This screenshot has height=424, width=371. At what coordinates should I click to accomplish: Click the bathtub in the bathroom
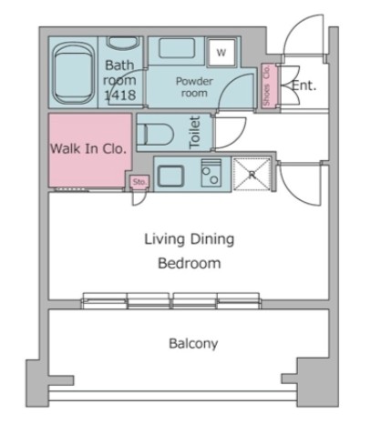point(73,73)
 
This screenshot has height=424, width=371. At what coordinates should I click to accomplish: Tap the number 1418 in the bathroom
point(120,95)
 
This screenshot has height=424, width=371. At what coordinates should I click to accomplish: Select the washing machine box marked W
point(222,52)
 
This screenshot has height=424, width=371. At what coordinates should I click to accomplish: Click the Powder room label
point(194,86)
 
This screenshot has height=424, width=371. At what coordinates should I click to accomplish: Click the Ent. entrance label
point(304,86)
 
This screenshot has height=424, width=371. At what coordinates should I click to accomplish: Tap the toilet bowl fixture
point(155,134)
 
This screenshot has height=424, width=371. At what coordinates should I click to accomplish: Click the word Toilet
point(195,133)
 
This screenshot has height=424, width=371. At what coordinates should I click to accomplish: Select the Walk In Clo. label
point(88,148)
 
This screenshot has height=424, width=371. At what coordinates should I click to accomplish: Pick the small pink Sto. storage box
point(139,182)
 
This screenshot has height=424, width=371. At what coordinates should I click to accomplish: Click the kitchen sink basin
point(170,176)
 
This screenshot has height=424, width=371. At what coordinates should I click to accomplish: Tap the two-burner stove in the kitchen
point(211,173)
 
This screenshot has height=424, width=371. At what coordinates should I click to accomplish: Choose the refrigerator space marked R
point(252,175)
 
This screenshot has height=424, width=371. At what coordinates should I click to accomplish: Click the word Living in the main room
point(164,239)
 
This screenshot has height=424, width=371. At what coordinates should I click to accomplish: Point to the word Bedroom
point(190,263)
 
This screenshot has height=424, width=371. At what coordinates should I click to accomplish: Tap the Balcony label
point(193,344)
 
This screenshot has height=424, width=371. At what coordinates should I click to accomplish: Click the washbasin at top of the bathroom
point(123,43)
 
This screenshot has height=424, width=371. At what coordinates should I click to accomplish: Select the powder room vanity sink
point(177,48)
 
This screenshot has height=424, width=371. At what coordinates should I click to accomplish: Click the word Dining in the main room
point(212,239)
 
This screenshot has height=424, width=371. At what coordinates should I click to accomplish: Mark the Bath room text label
point(119,73)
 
